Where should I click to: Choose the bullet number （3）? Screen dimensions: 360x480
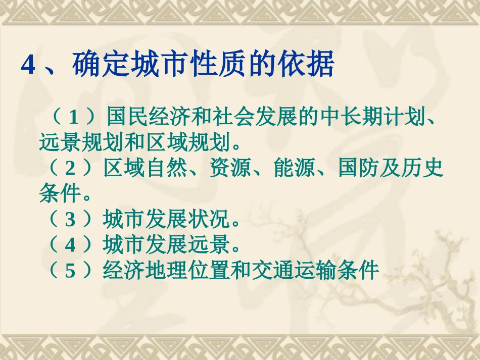70,220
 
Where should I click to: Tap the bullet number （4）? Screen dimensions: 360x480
70,245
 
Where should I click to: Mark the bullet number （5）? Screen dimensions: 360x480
70,271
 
